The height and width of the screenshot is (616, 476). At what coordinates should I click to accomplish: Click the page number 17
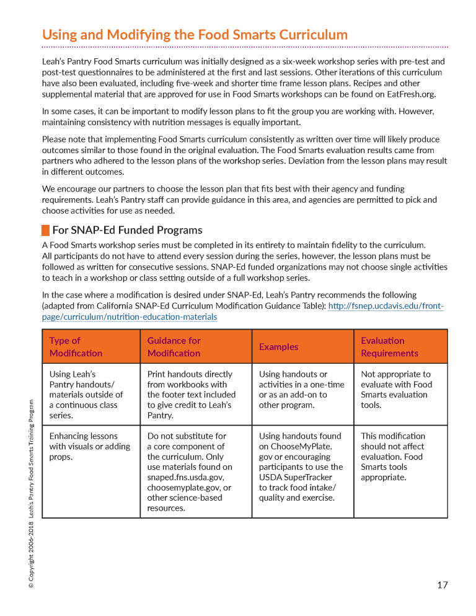coord(442,584)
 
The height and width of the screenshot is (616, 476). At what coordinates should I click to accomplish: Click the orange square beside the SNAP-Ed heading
coord(45,231)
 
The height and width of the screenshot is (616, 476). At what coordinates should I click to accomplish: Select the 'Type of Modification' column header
coord(90,347)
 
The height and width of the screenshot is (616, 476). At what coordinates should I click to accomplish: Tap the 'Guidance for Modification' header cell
coord(196,347)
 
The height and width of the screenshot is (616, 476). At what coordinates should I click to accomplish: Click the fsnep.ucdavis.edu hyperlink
coord(386,306)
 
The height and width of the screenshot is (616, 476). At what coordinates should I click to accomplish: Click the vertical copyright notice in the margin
coord(30,493)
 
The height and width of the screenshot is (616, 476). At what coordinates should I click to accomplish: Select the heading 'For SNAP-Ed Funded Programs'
coord(127,230)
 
